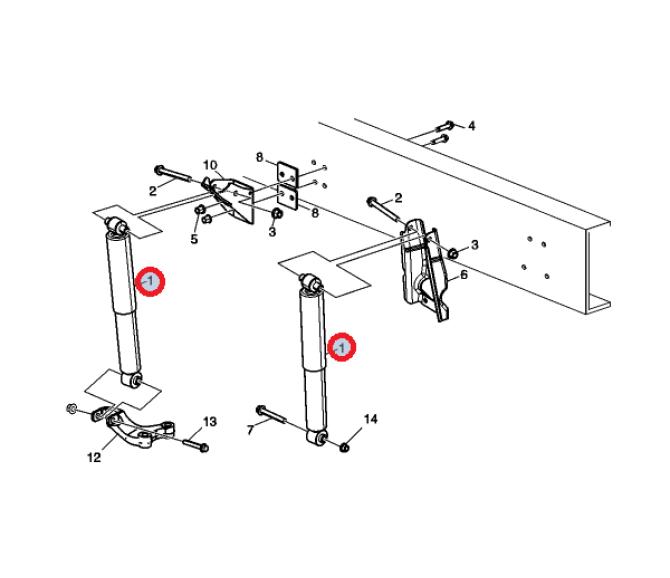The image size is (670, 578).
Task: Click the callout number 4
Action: click(471, 126)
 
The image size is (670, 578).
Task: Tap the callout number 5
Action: click(194, 239)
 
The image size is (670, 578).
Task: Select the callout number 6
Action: click(464, 274)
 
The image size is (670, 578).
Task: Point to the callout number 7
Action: click(250, 430)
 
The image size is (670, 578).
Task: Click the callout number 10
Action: click(210, 165)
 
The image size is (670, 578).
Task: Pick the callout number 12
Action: click(94, 458)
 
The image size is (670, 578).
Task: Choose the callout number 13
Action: click(210, 422)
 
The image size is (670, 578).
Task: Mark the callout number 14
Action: click(370, 419)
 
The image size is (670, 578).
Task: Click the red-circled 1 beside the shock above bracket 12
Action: click(150, 281)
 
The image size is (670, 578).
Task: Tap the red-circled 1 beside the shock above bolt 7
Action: click(342, 348)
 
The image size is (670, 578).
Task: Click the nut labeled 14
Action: click(344, 447)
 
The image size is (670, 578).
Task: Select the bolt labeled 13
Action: click(196, 445)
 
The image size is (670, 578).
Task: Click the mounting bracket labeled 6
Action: click(424, 269)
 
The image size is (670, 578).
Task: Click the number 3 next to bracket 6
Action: click(475, 245)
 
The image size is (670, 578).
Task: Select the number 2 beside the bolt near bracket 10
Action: click(153, 191)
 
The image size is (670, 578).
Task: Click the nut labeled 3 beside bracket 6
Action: click(453, 254)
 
